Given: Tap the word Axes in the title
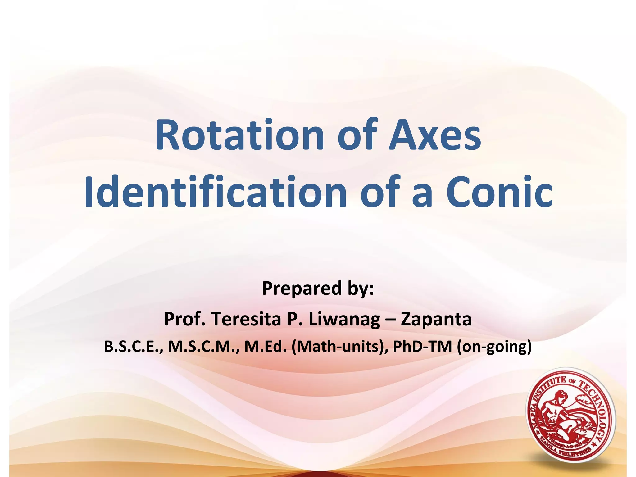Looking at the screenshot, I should (435, 136).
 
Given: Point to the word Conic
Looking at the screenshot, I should (499, 192).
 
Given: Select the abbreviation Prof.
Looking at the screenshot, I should (184, 319).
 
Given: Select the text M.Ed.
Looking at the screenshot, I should (265, 347).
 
